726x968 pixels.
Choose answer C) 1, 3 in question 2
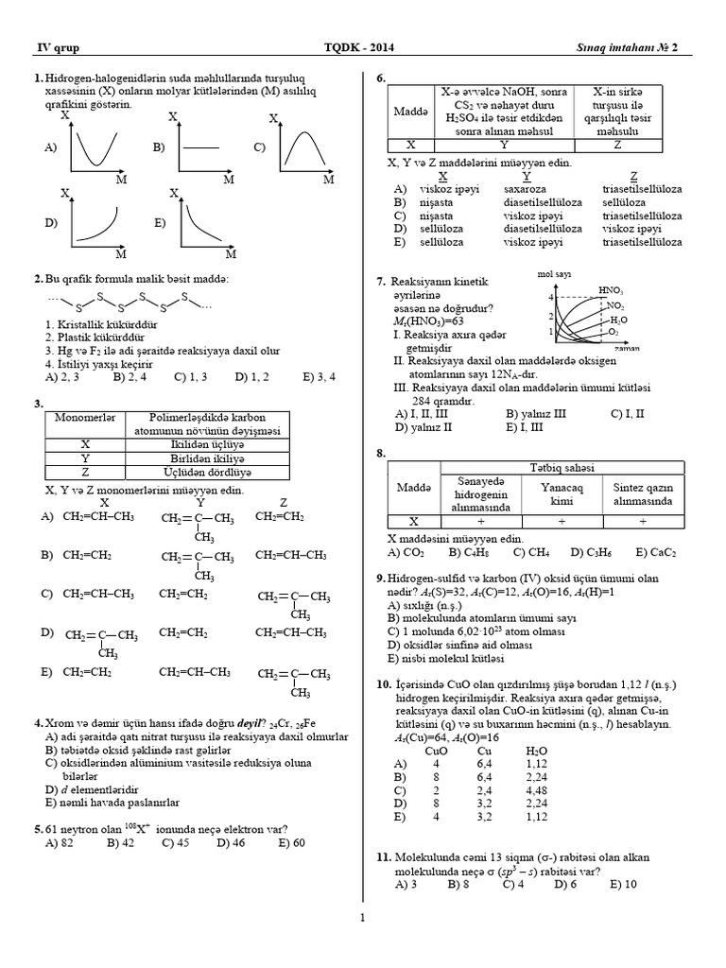click(193, 376)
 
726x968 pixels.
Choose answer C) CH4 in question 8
click(532, 552)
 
